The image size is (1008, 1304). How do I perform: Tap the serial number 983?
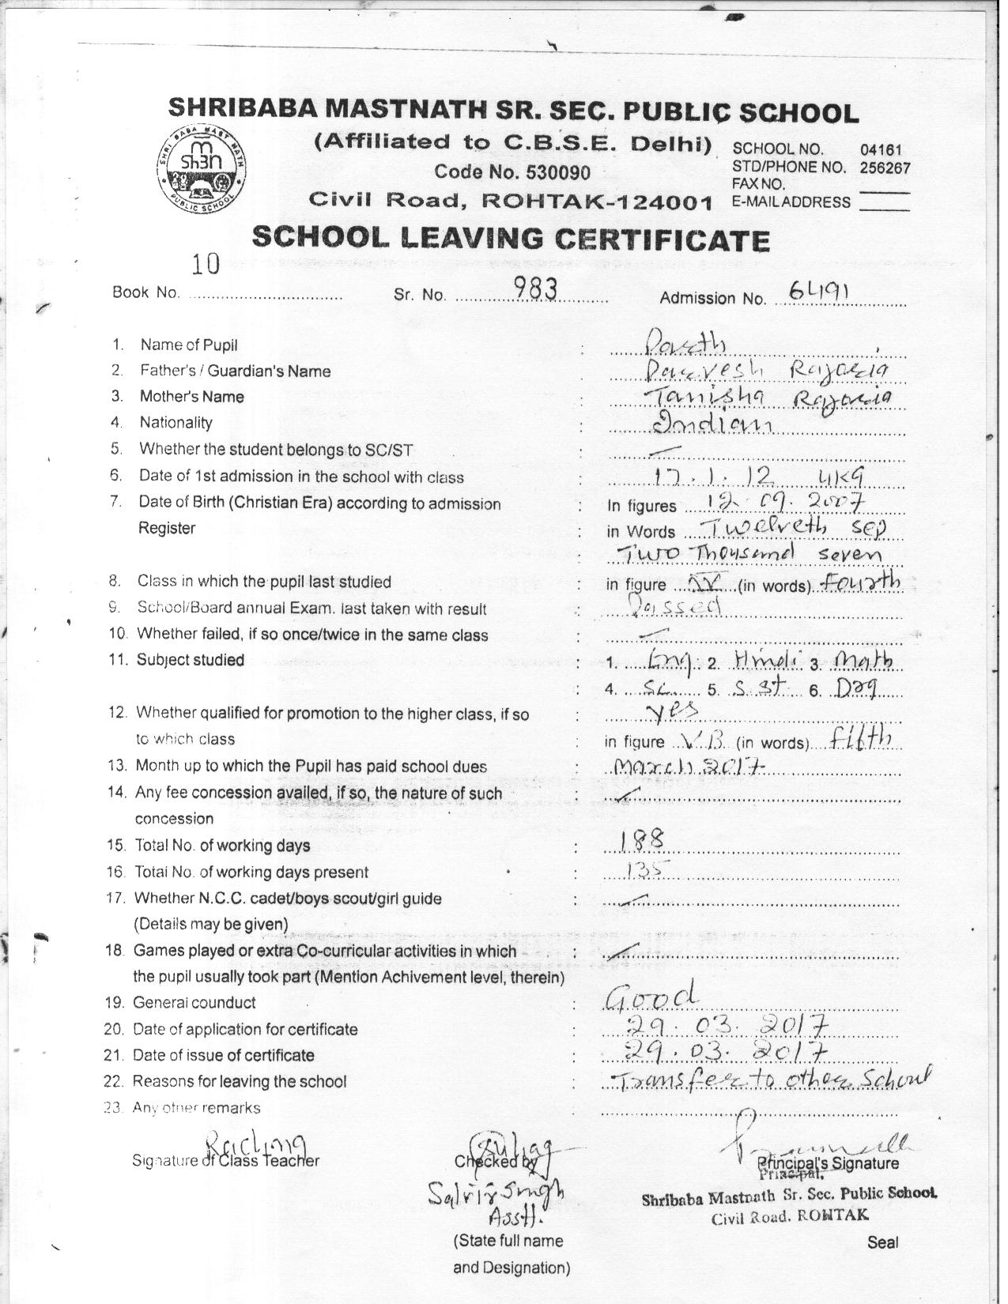[536, 291]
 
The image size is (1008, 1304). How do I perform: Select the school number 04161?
[881, 149]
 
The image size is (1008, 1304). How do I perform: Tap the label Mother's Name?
[191, 397]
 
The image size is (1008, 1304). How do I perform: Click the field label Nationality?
[176, 423]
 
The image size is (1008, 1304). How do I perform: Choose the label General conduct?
[194, 1003]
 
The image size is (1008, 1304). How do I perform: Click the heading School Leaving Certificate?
[510, 238]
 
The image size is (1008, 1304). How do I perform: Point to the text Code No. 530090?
[512, 172]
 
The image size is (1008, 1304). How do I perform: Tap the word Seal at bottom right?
[882, 1242]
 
